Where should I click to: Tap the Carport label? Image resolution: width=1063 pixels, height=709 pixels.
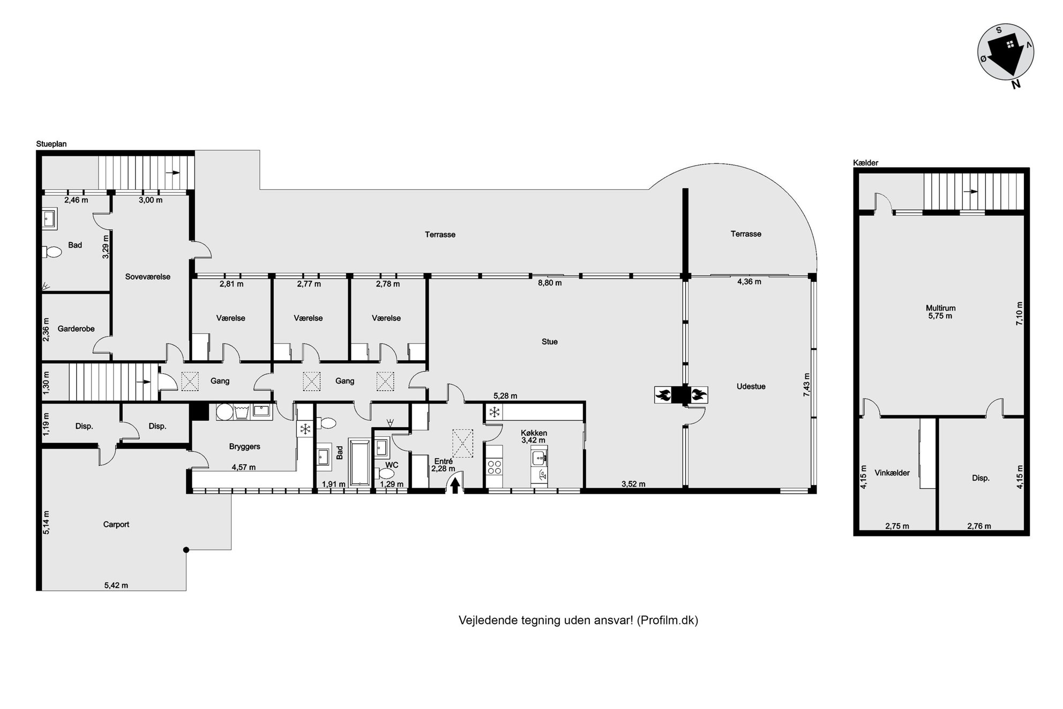coord(116,525)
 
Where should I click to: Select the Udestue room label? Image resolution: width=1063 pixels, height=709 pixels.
coord(751,386)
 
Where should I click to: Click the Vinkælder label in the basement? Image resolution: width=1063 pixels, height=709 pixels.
coord(892,473)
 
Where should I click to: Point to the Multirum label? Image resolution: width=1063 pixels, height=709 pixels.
coord(940,308)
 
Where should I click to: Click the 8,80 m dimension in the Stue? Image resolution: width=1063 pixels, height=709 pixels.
coord(550,283)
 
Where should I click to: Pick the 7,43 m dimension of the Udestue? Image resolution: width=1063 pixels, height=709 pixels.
coord(807,385)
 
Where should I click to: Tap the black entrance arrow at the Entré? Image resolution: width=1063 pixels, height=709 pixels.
coord(455,485)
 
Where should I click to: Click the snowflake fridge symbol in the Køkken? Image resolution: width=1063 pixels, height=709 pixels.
coord(494,412)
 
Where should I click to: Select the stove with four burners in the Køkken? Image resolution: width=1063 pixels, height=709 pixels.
coord(494,467)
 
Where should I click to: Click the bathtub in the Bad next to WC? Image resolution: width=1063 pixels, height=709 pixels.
coord(359,462)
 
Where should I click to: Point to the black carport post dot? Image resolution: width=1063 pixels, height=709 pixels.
coord(186,550)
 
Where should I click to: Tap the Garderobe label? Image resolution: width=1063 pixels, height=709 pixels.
coord(76,329)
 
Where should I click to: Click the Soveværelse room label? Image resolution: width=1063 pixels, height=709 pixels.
coord(148,277)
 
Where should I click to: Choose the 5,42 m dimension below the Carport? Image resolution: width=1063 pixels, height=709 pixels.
coord(116,586)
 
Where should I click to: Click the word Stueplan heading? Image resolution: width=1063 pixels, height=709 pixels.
coord(51,144)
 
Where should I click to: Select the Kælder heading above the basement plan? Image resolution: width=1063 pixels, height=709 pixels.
coord(866,163)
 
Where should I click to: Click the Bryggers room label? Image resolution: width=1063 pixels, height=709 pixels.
coord(245,446)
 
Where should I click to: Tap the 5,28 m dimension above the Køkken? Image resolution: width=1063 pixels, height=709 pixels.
coord(505,396)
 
